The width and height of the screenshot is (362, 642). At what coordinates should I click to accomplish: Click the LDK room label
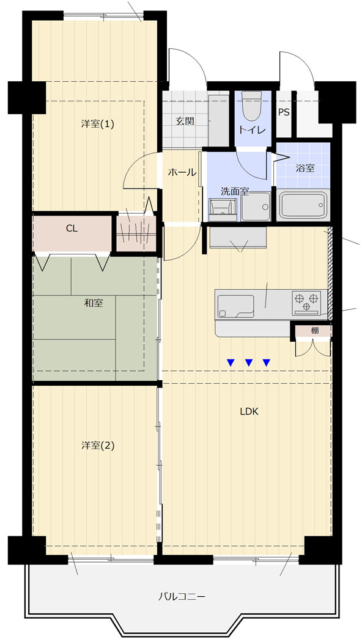click(x=249, y=412)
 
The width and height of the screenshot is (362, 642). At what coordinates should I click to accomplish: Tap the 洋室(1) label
click(x=97, y=124)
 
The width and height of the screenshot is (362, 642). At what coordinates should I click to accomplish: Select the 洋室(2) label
click(x=97, y=445)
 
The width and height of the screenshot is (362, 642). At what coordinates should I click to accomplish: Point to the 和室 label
click(x=94, y=303)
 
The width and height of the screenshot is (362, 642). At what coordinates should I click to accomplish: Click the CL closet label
click(x=72, y=229)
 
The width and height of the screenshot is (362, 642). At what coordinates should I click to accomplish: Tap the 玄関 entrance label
click(x=185, y=121)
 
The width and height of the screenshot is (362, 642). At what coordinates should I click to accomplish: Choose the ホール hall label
click(x=182, y=172)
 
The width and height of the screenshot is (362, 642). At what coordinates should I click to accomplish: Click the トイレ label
click(x=253, y=130)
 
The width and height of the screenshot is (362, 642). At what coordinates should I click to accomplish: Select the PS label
click(x=284, y=112)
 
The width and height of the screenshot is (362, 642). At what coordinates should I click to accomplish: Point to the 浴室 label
click(x=305, y=168)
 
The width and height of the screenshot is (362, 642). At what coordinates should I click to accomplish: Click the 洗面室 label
click(x=235, y=191)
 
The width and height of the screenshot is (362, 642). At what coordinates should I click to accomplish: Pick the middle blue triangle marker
click(x=249, y=362)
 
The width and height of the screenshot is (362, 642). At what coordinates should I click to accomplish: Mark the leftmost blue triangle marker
click(x=231, y=362)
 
